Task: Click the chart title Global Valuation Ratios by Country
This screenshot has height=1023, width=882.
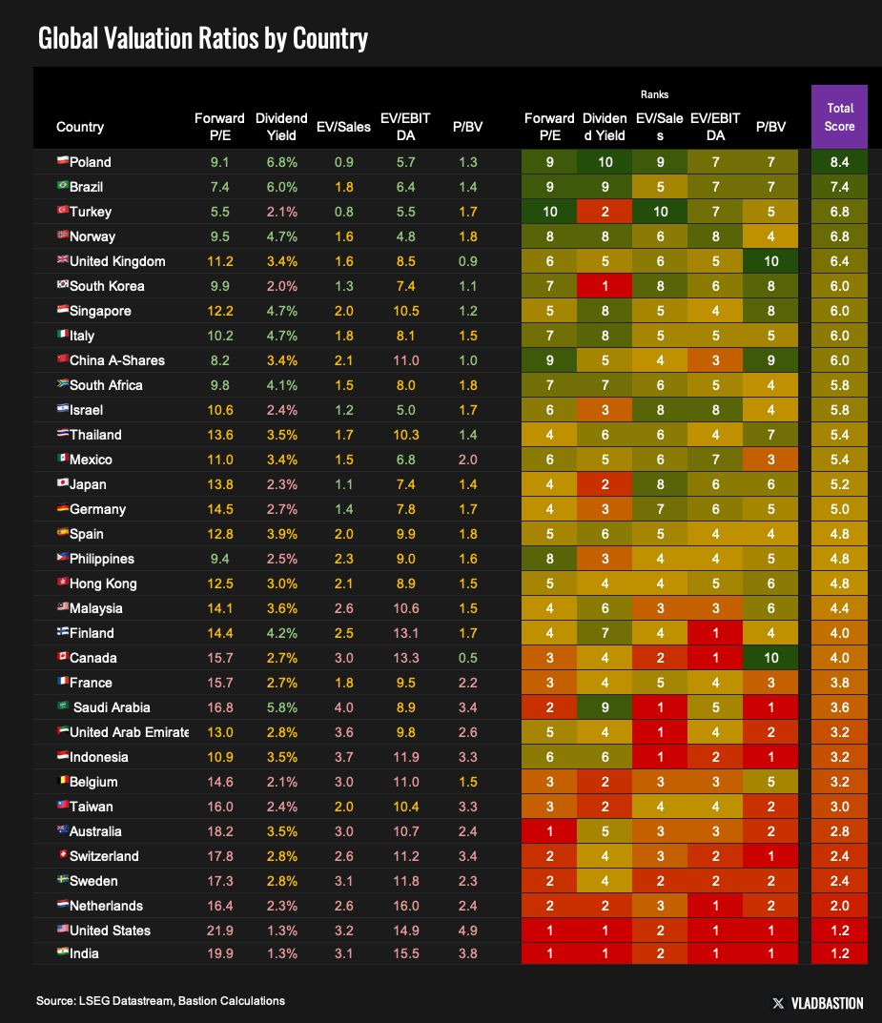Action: tap(202, 39)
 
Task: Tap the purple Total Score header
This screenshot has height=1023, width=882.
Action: tap(840, 117)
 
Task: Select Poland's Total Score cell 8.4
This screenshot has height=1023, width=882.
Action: tap(840, 162)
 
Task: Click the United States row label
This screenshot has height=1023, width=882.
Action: tap(110, 931)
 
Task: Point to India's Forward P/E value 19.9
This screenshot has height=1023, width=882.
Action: tap(219, 953)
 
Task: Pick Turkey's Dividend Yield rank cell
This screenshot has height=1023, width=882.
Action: tap(605, 212)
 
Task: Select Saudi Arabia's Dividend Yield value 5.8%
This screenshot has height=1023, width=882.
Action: tap(281, 707)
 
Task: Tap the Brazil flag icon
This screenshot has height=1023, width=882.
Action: tap(63, 187)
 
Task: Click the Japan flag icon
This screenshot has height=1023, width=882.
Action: tap(63, 484)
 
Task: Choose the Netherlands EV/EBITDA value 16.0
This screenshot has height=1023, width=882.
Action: tap(404, 906)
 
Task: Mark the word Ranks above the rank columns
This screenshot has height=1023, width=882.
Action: tap(654, 94)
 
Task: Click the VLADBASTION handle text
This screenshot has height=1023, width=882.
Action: tap(828, 1003)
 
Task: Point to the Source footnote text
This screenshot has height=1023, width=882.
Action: tap(160, 1000)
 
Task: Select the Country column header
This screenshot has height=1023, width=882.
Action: tap(80, 127)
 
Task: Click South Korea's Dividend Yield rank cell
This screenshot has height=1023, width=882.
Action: tap(605, 286)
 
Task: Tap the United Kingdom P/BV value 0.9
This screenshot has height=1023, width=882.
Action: tap(467, 261)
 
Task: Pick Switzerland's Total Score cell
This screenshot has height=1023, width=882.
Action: tap(840, 856)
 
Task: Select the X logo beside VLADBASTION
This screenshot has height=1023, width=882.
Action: tap(779, 1003)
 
